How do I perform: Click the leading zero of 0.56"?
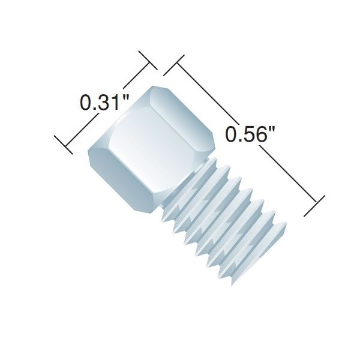click(230, 134)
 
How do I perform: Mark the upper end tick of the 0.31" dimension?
click(147, 62)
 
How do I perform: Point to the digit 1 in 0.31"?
click(113, 102)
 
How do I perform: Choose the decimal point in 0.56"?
click(238, 139)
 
